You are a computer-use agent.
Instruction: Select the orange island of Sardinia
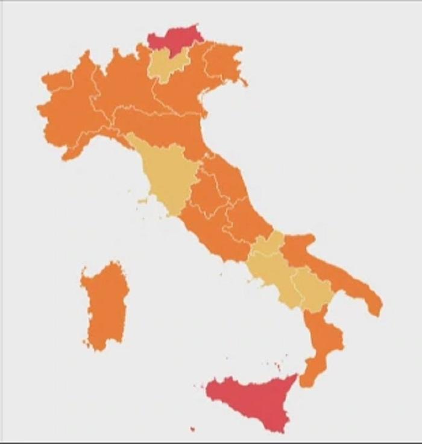tap(106, 305)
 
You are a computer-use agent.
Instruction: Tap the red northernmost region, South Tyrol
tap(174, 39)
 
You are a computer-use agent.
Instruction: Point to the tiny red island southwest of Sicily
tap(192, 430)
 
